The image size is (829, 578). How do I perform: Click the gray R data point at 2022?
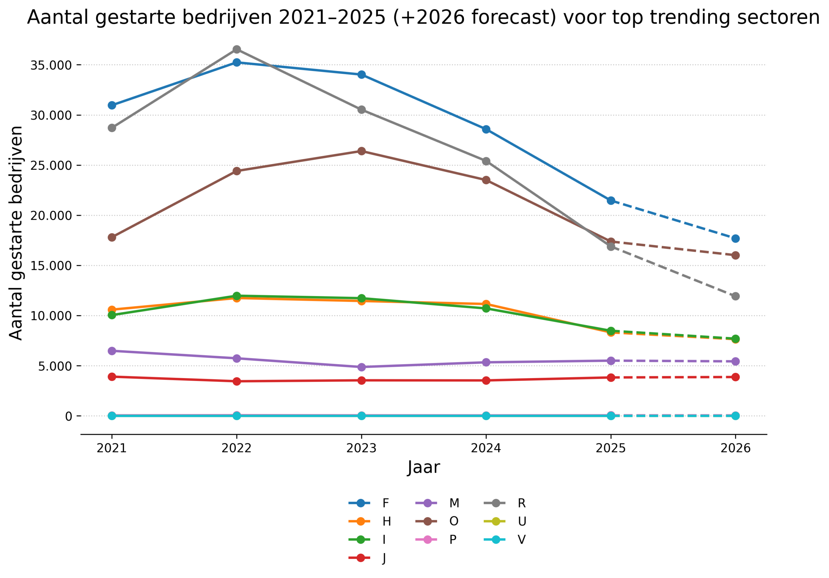point(236,50)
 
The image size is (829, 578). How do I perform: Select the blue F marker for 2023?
point(361,75)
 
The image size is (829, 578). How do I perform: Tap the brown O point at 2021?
point(112,237)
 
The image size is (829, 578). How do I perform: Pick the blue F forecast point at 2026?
point(735,239)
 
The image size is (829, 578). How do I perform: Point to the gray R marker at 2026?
point(735,296)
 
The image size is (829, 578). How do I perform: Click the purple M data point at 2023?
point(361,367)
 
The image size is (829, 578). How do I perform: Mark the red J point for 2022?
point(236,381)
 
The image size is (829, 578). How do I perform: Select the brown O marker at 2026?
point(735,255)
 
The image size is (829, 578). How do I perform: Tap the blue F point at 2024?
point(486,129)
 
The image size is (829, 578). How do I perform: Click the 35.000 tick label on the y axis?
point(51,65)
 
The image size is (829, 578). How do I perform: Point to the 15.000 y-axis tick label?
point(51,266)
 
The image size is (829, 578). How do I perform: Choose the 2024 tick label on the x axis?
point(486,448)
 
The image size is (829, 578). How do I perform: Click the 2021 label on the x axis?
point(112,448)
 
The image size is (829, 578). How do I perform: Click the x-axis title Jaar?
point(424,468)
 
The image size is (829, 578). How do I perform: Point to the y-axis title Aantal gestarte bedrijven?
point(16,233)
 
